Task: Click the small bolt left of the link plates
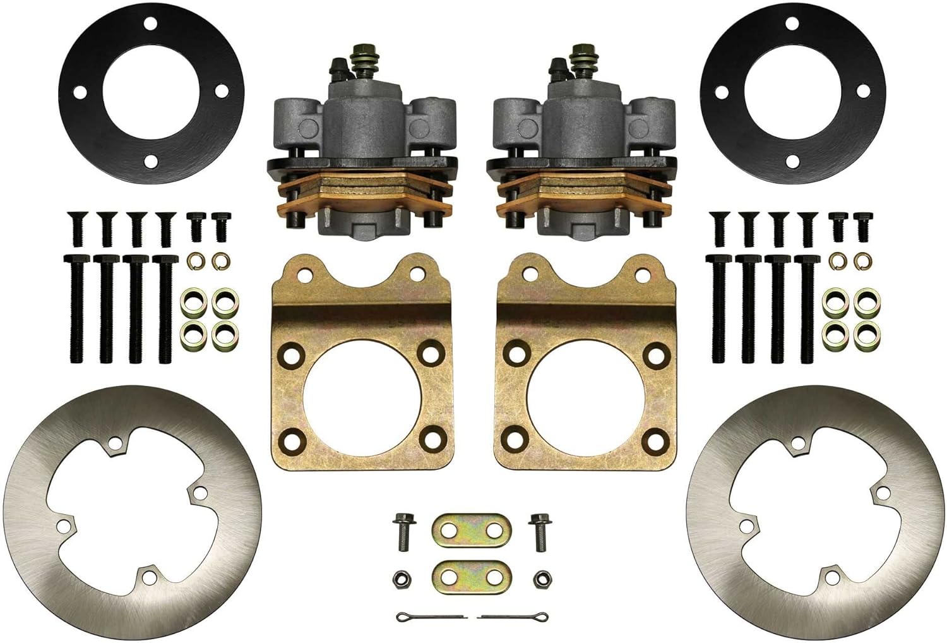(403, 531)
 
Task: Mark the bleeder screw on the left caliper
(337, 66)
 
